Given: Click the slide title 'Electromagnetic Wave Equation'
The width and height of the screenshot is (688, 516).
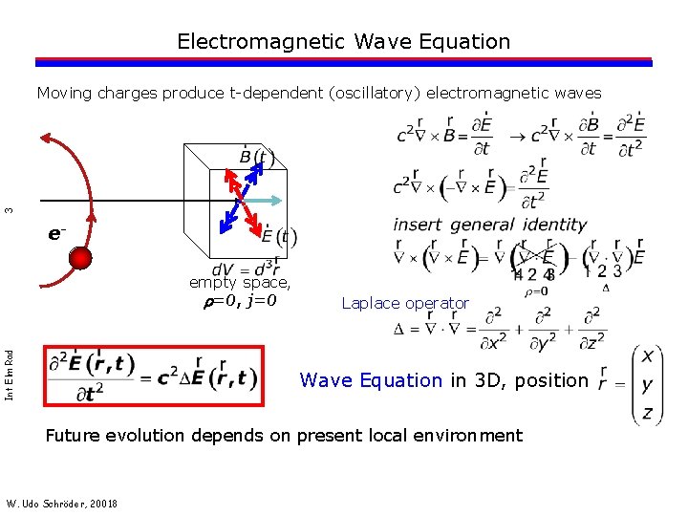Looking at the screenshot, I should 344,42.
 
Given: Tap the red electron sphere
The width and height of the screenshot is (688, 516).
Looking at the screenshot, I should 80,259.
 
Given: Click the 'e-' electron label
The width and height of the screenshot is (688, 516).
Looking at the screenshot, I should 56,233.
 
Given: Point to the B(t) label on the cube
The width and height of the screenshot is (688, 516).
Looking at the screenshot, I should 256,157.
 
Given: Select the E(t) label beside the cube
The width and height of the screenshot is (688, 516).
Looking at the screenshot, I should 279,236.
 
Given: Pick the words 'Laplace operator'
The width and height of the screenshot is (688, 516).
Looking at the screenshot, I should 405,304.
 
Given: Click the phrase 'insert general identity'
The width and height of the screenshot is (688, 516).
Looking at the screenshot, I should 489,225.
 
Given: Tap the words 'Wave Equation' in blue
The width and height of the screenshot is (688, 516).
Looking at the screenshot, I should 371,380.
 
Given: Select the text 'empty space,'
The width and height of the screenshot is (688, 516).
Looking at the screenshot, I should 240,283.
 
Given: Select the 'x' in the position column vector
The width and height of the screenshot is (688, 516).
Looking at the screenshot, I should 648,355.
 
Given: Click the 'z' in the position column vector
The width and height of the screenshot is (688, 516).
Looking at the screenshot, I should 648,413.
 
